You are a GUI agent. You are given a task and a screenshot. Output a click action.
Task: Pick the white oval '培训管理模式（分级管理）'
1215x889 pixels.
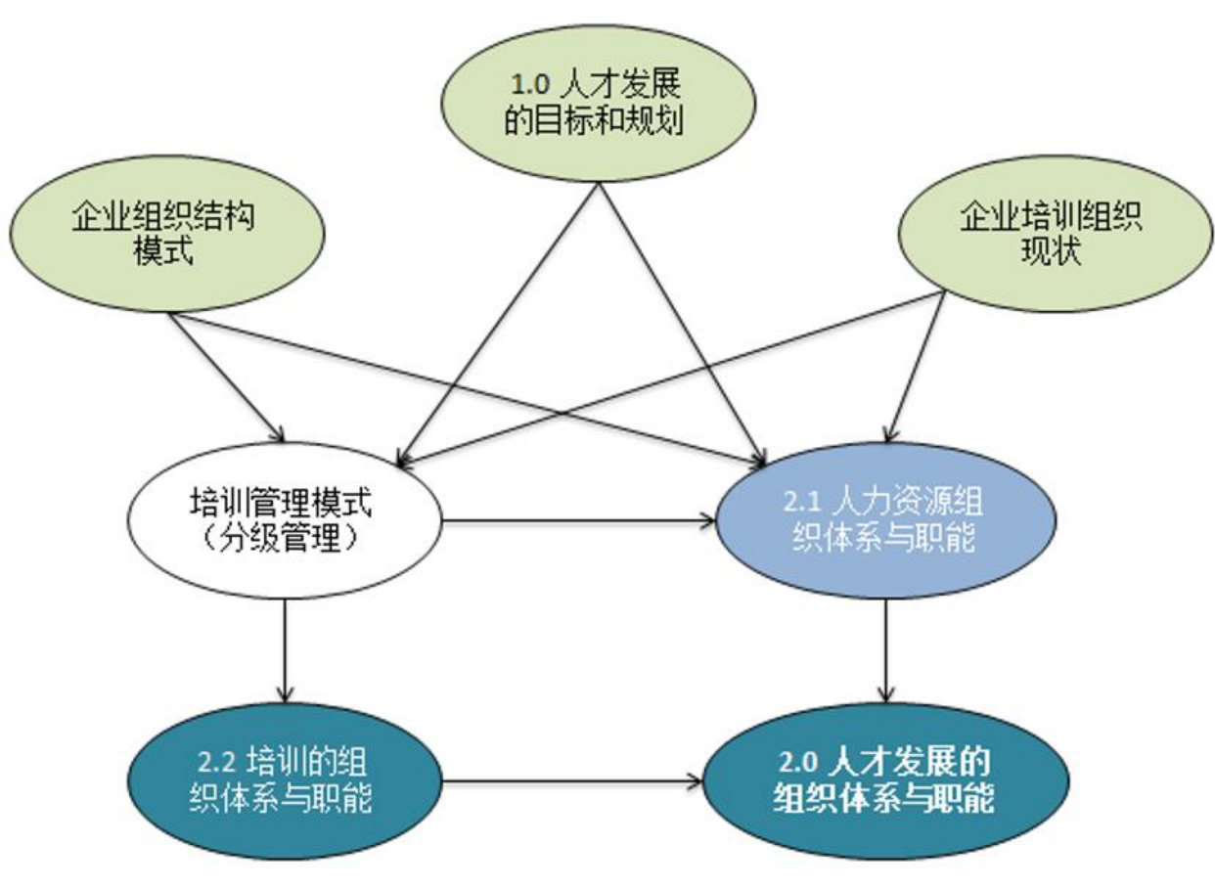coord(285,524)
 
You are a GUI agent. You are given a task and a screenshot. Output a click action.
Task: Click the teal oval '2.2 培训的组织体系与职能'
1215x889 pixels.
coord(284,781)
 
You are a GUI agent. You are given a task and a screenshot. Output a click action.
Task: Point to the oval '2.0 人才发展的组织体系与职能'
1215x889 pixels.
coord(884,781)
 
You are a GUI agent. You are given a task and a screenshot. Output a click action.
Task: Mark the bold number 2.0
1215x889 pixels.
coord(800,762)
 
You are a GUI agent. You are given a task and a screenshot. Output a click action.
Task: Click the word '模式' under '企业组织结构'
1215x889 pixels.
coord(162,252)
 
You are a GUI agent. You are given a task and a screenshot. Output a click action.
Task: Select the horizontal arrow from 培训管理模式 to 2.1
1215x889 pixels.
coord(578,524)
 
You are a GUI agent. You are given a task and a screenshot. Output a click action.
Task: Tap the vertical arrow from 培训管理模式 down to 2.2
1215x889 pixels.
coord(285,650)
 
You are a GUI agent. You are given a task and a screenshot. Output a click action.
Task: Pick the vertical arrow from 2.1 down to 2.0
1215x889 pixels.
coord(886,650)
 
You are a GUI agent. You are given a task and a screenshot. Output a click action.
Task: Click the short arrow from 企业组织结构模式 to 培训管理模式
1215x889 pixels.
coord(227,377)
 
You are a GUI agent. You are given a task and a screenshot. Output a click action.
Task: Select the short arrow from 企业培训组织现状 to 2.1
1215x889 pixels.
coord(917,367)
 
